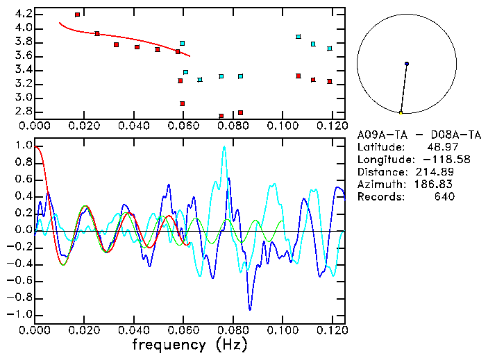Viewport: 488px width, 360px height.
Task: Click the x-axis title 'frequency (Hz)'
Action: tap(188, 344)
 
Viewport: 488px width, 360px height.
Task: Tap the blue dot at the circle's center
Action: tap(407, 64)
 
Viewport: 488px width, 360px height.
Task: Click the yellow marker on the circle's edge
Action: tap(401, 112)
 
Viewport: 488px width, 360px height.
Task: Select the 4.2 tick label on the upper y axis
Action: tap(22, 14)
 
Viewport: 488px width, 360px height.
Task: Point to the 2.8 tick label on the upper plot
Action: tap(22, 112)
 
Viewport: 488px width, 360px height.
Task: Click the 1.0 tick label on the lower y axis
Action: tap(22, 146)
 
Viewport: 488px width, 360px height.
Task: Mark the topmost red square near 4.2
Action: tap(77, 14)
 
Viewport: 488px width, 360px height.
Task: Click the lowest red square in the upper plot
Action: tap(221, 116)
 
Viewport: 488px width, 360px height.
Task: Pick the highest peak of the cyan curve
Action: tap(224, 146)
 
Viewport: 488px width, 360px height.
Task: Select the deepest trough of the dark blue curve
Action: tap(250, 309)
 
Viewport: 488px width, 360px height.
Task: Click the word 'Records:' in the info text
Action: tap(380, 196)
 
